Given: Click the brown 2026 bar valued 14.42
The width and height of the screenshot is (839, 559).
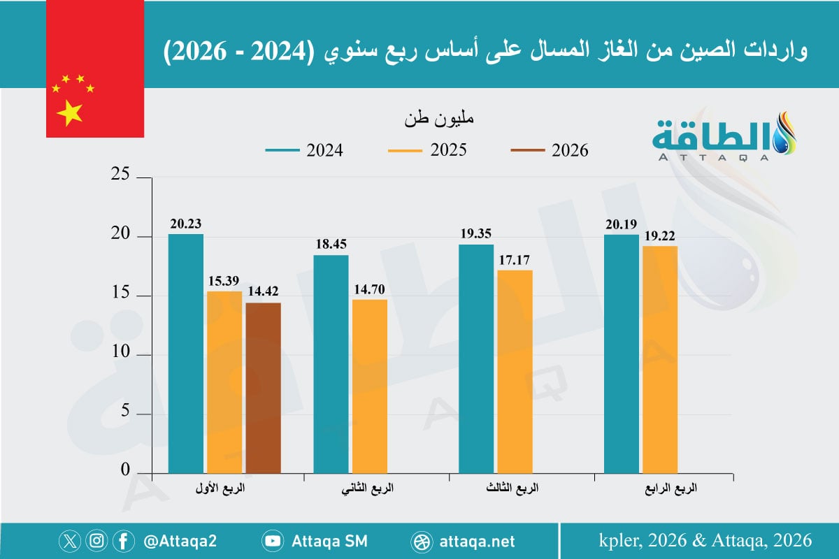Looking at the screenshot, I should [x=263, y=388].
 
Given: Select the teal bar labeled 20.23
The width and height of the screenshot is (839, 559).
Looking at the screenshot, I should [x=186, y=353].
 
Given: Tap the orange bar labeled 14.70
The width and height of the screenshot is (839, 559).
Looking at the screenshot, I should [x=370, y=386].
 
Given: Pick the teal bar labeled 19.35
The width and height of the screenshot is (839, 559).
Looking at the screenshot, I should [x=475, y=358].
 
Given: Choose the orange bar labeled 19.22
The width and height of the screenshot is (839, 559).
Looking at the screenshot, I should [x=660, y=359].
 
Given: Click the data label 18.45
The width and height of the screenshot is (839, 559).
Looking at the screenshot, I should [x=331, y=245].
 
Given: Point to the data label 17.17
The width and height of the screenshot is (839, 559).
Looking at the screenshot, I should [x=515, y=260].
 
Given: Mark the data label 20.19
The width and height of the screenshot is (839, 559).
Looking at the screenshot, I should [x=622, y=224].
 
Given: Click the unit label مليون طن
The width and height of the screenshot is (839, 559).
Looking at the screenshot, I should [x=439, y=118].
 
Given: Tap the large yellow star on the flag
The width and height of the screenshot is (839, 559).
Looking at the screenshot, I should [x=69, y=112].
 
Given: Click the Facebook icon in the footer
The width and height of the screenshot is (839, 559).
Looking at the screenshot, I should [x=124, y=541].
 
